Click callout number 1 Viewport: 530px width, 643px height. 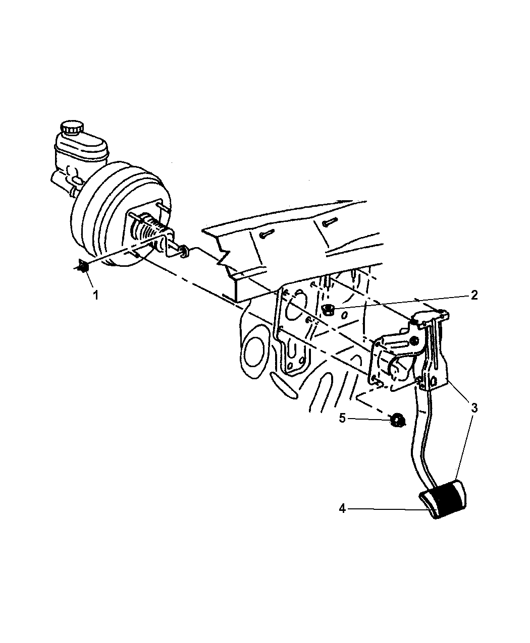(x=96, y=296)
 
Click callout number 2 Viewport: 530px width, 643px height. (x=474, y=295)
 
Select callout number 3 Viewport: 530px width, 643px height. (x=474, y=408)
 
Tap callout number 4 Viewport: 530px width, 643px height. (x=342, y=509)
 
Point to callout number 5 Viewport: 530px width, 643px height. (x=342, y=418)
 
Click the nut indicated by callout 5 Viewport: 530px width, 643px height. (x=398, y=421)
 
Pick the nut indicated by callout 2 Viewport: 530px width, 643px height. (x=328, y=309)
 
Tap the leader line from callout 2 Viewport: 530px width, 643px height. (x=400, y=303)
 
